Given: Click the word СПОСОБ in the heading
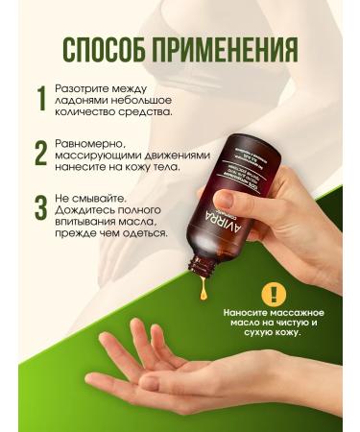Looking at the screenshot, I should pyautogui.click(x=103, y=49).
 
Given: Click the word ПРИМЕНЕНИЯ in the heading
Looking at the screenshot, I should pyautogui.click(x=227, y=49).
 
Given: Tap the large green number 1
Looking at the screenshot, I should pyautogui.click(x=41, y=98).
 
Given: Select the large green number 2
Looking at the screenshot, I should pyautogui.click(x=41, y=154).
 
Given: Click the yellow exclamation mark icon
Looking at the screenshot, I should pyautogui.click(x=276, y=294).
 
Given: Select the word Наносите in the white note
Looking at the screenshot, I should pyautogui.click(x=247, y=313).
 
